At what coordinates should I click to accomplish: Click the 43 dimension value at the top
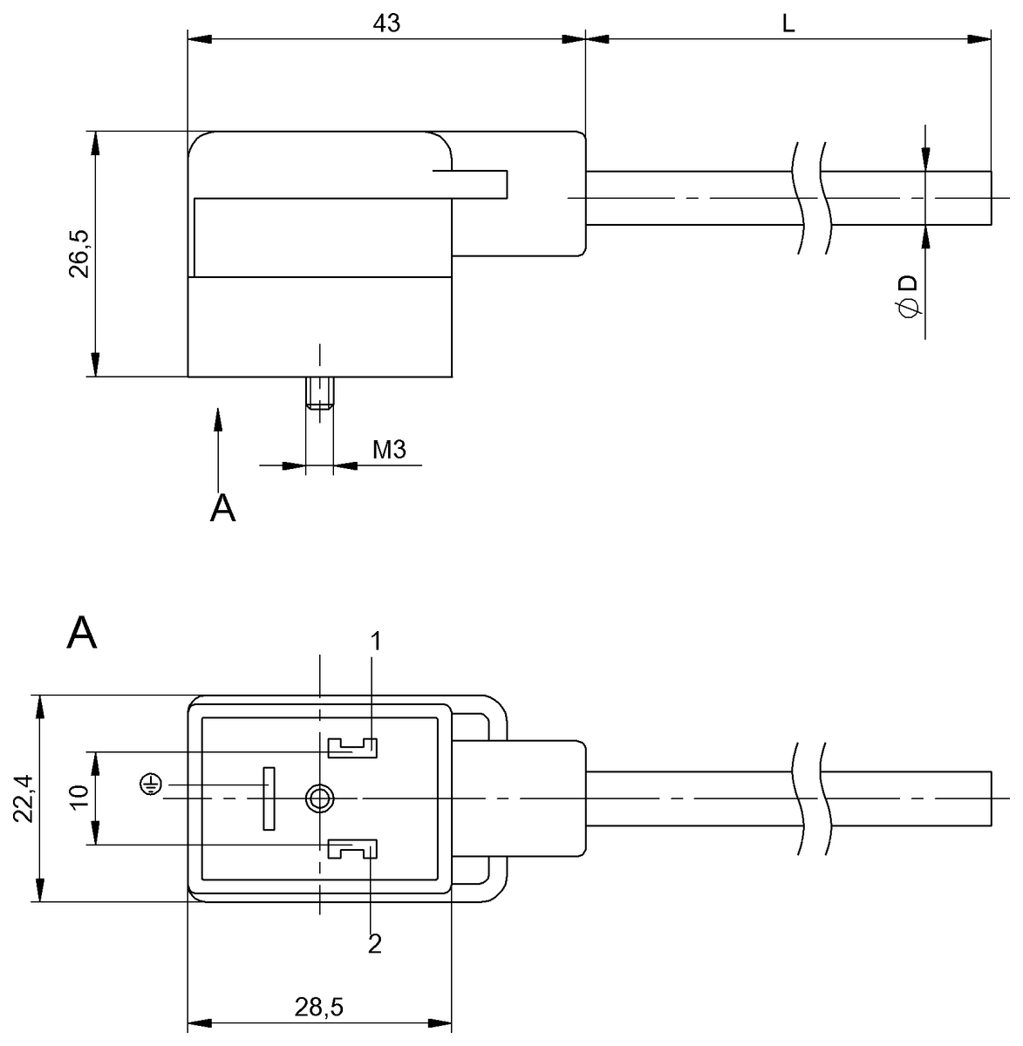tap(386, 24)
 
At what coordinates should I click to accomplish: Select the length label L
tap(788, 24)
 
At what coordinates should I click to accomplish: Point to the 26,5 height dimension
tap(79, 254)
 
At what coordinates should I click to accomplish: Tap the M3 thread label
tap(390, 450)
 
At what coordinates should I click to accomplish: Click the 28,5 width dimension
tap(319, 1008)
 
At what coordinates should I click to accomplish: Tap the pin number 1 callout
tap(375, 642)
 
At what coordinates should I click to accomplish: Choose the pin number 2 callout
tap(375, 944)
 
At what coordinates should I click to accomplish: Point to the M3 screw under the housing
tap(320, 393)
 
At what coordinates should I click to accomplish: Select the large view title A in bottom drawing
tap(82, 634)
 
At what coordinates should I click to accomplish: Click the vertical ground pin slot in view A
tap(269, 798)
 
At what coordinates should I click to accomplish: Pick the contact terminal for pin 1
tap(351, 747)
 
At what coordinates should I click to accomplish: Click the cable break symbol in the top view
tap(812, 198)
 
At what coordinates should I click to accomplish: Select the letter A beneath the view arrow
tap(223, 507)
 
